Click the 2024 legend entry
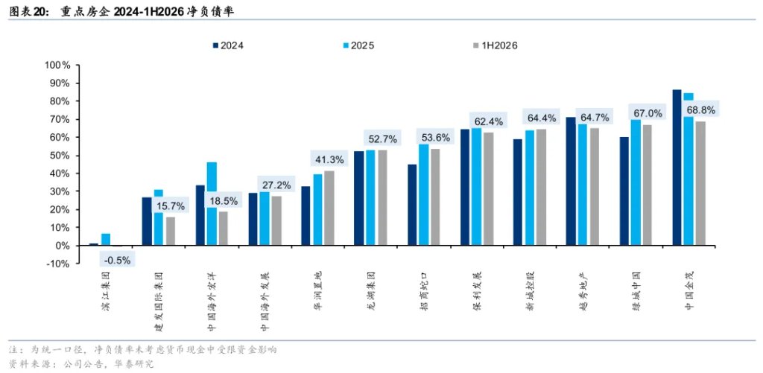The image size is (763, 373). click(227, 45)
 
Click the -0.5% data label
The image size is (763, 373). click(117, 260)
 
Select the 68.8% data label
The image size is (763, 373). click(701, 110)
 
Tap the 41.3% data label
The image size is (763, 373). click(330, 159)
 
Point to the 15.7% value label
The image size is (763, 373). click(171, 205)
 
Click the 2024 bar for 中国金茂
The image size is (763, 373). click(677, 168)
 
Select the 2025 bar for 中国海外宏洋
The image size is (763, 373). click(212, 204)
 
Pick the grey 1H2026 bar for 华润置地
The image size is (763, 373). click(329, 208)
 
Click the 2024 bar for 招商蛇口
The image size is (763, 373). click(412, 205)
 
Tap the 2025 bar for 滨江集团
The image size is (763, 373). click(106, 240)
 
